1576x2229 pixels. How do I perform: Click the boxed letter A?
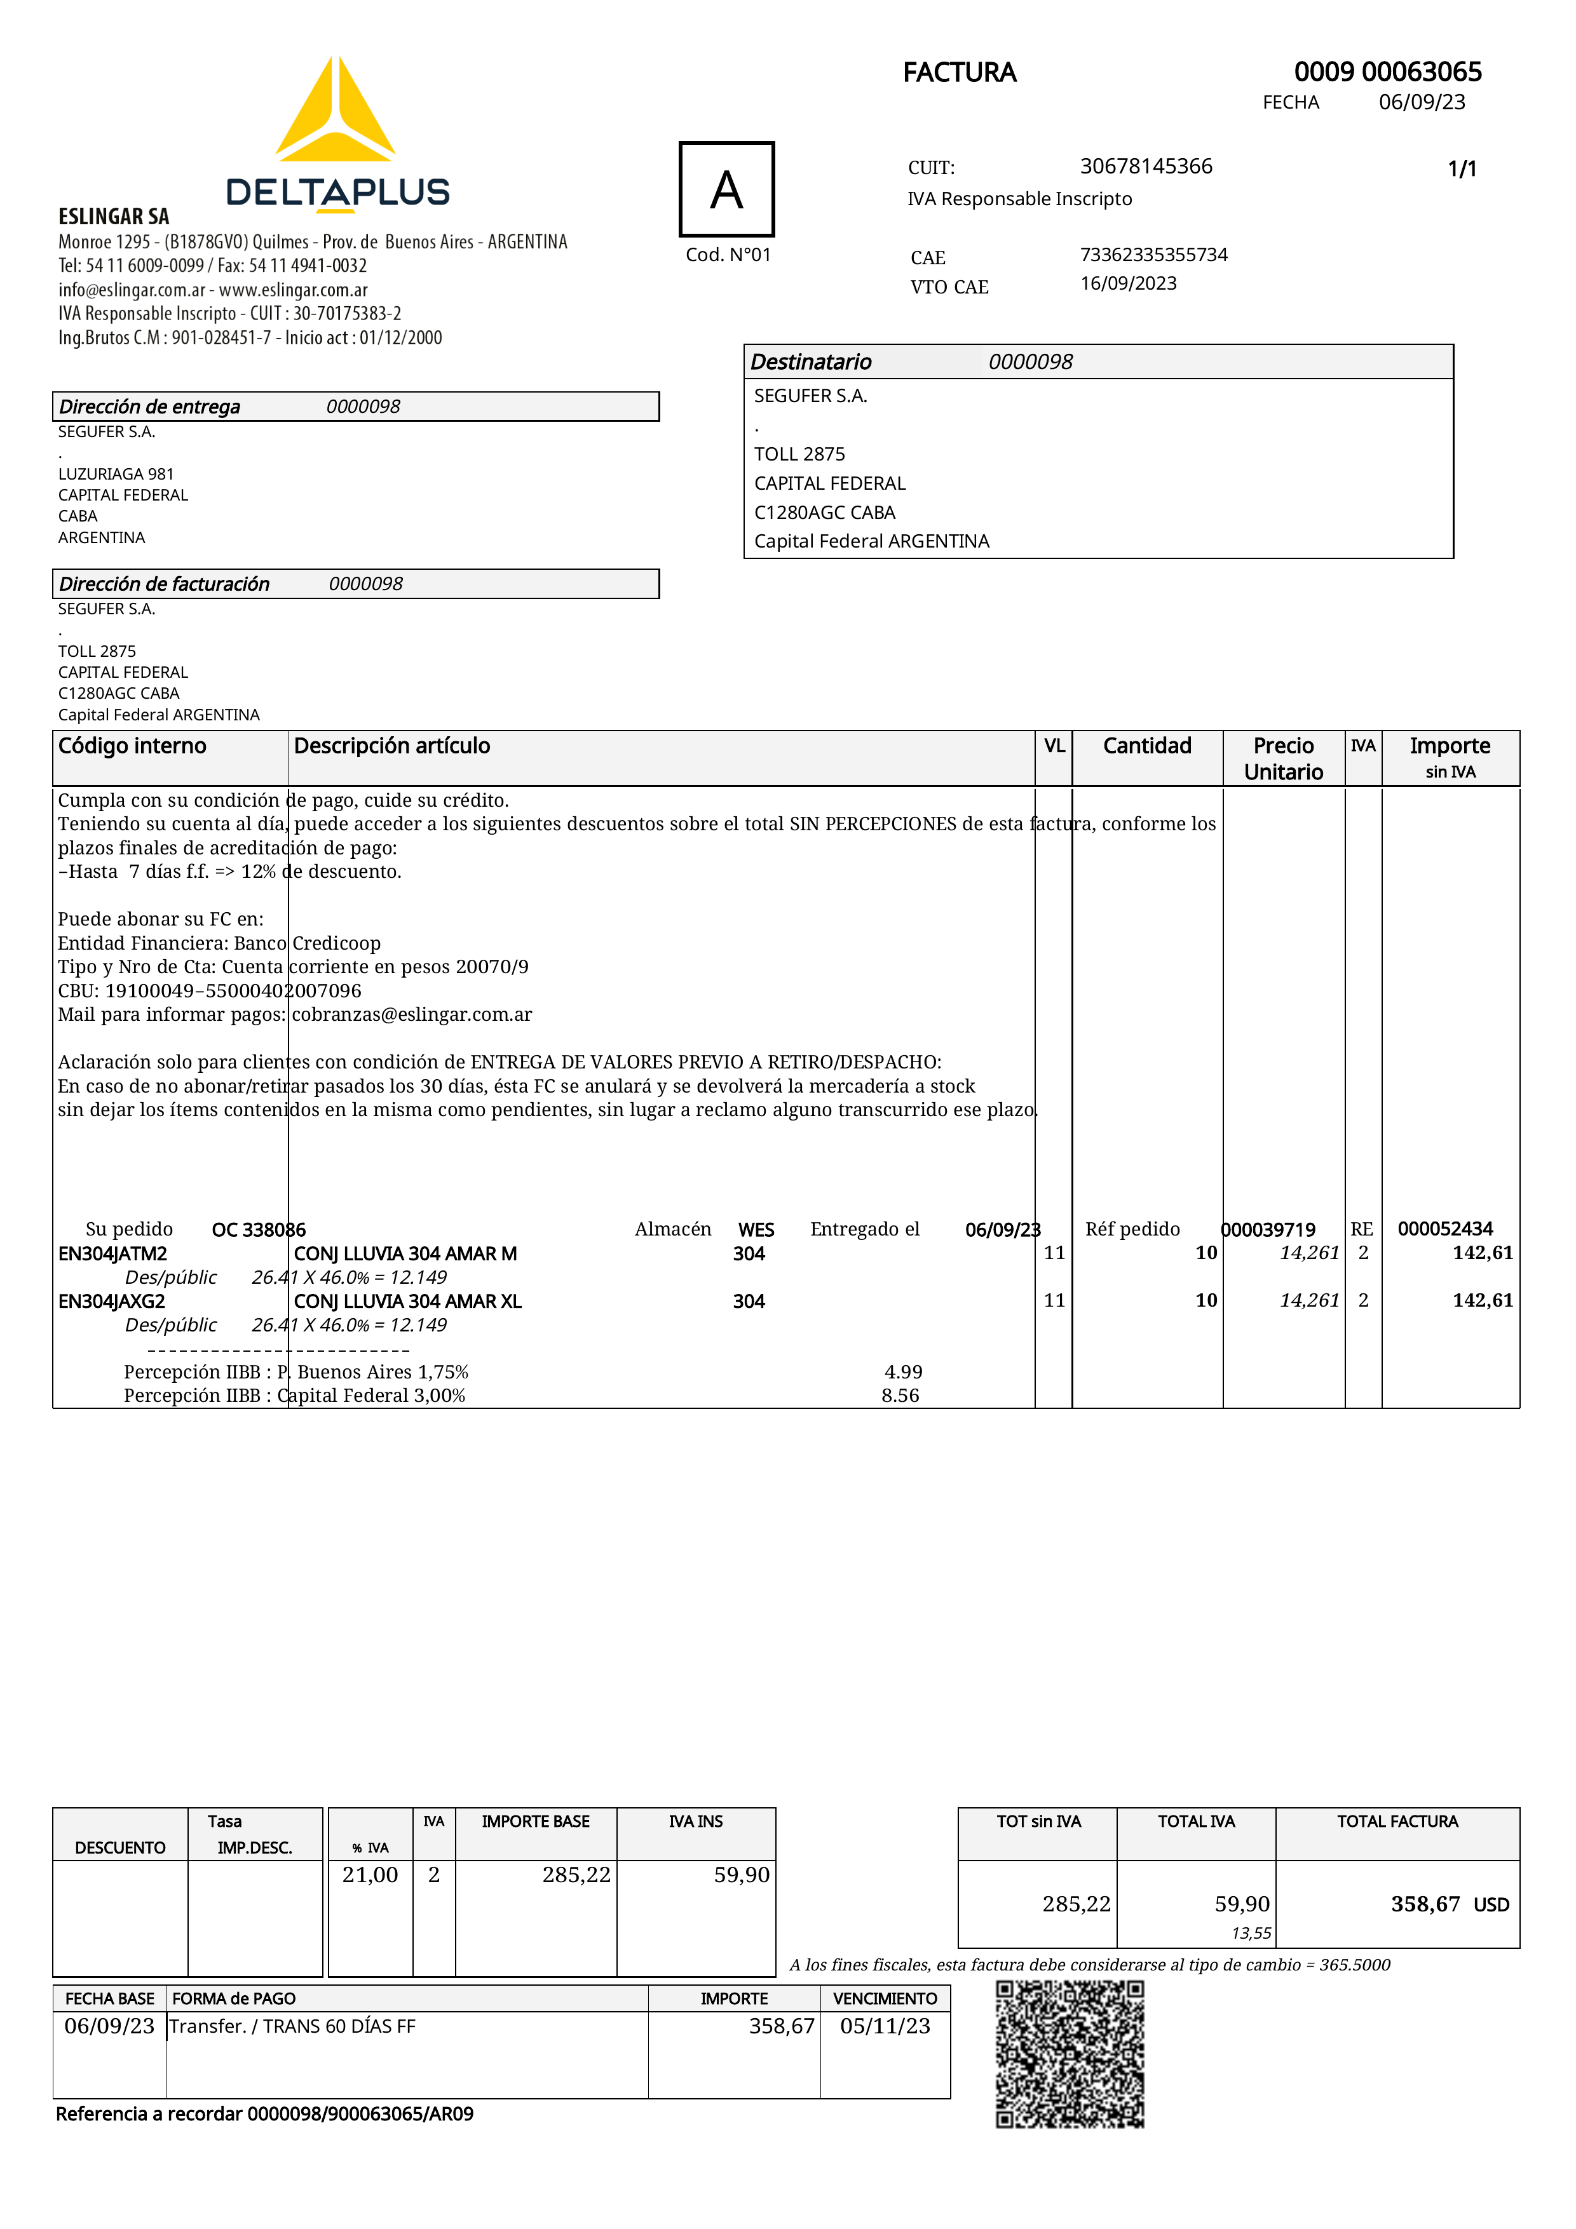tap(726, 189)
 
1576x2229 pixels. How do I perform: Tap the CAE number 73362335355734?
tap(1153, 254)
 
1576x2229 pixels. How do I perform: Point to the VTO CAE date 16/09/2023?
tap(1129, 283)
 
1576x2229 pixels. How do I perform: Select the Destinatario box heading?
tap(811, 362)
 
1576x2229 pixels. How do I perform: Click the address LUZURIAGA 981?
tap(116, 474)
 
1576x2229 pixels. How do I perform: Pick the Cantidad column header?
tap(1147, 746)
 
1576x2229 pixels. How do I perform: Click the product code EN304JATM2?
tap(112, 1253)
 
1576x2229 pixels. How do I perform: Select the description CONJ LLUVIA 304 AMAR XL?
tap(408, 1301)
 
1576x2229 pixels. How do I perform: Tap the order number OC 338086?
tap(258, 1230)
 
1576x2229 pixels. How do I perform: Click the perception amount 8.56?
tap(900, 1395)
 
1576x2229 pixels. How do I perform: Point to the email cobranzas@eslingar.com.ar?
tap(412, 1014)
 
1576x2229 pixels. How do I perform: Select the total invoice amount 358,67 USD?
tap(1449, 1904)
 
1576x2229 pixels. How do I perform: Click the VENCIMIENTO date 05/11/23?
tap(885, 2026)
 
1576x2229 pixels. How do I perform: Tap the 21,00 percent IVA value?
tap(370, 1875)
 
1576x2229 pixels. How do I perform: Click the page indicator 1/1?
tap(1462, 169)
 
